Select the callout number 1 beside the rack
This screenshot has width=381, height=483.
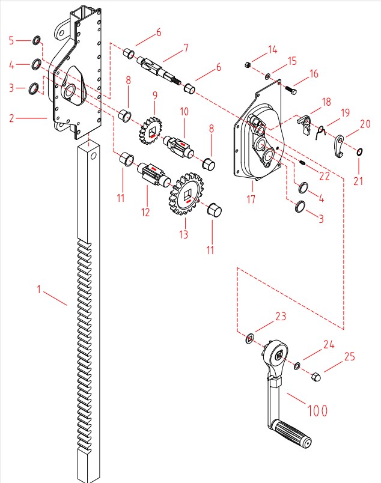(39, 290)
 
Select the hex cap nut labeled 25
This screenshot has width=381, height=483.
(316, 377)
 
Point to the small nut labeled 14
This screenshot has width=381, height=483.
(247, 64)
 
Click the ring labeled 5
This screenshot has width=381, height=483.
(37, 41)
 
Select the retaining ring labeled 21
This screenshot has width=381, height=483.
(359, 151)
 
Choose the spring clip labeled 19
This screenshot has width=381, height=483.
(322, 130)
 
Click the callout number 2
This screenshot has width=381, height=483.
(11, 118)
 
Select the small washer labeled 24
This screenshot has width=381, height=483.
(297, 365)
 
